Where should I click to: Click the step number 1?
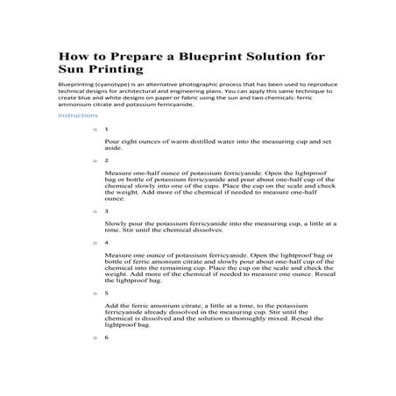point(106,129)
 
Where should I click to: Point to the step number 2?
point(106,161)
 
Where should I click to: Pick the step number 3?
point(106,210)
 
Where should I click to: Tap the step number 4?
point(106,242)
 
